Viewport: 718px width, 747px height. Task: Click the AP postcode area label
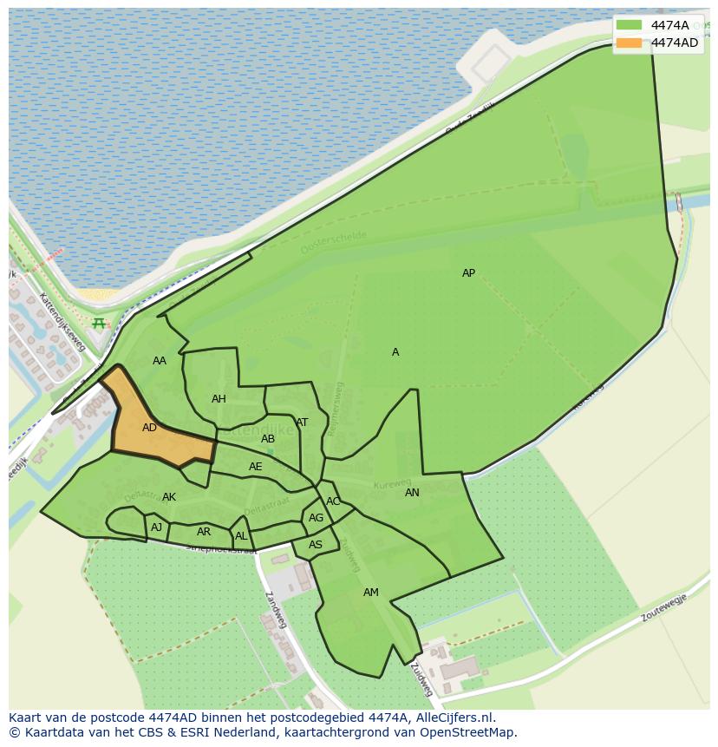(468, 273)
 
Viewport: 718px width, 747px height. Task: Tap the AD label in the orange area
(149, 428)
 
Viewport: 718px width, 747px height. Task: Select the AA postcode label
(159, 361)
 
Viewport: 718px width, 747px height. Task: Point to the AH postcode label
(219, 399)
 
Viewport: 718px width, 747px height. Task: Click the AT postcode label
(302, 423)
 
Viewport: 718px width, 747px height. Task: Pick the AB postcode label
(268, 439)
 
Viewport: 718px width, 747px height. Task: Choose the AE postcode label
(255, 467)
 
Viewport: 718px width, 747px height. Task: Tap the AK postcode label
(169, 497)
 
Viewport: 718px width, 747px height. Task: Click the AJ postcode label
(156, 527)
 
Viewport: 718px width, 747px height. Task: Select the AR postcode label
(204, 532)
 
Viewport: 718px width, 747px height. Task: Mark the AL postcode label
(241, 536)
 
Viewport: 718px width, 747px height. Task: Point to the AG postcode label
(316, 518)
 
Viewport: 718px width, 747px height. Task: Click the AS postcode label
(316, 545)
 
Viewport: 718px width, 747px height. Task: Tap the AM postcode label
(370, 593)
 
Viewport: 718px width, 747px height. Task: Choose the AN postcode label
(412, 493)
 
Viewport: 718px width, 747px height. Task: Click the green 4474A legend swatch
(630, 25)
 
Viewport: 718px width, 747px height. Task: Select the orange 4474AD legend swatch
(630, 43)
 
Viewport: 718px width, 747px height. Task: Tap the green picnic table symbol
(99, 324)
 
